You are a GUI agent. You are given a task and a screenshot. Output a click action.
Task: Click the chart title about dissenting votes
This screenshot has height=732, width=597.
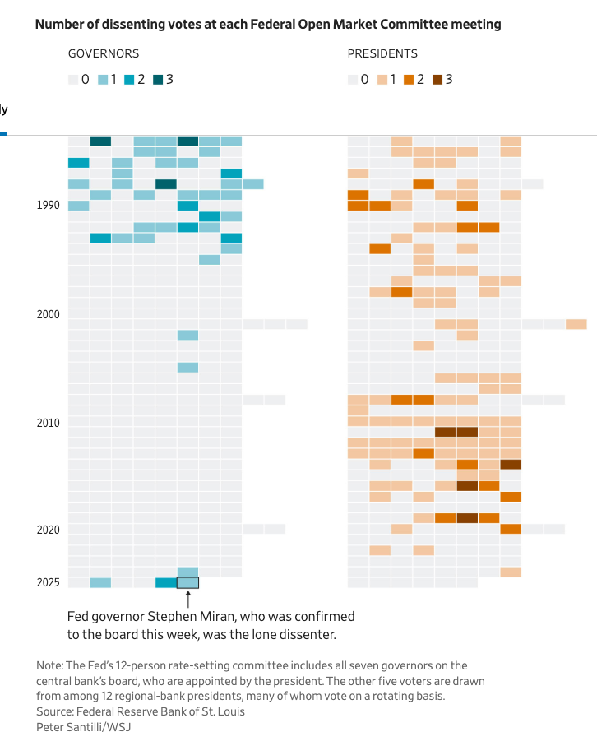pos(267,25)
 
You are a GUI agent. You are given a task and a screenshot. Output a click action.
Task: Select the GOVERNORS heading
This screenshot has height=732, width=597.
pos(103,53)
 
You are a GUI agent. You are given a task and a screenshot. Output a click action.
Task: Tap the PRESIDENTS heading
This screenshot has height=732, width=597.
pos(382,53)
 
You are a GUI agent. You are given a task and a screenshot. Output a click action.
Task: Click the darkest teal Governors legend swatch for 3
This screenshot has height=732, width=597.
pos(159,80)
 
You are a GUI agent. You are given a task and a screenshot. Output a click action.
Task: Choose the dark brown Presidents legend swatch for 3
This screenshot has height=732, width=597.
pos(437,80)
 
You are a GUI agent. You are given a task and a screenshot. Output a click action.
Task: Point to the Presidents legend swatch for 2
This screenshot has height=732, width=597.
pos(409,80)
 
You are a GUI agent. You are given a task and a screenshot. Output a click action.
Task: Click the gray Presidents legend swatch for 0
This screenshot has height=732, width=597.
pos(352,80)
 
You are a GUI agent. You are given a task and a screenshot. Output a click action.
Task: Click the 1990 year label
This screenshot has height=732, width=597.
pos(49,206)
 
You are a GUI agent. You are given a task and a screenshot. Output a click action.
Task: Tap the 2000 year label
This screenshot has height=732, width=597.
pos(49,314)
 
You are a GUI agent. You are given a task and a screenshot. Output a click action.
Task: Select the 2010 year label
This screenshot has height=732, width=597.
pos(49,424)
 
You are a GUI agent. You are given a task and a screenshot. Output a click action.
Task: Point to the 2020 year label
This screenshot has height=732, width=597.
pos(49,530)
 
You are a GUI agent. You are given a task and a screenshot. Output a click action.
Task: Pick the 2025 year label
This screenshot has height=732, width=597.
pos(49,583)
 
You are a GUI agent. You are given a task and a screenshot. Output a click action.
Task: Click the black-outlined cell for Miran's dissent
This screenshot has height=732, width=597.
pos(187,582)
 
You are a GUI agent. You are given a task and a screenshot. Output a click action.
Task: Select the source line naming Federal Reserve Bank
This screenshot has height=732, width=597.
pos(141,711)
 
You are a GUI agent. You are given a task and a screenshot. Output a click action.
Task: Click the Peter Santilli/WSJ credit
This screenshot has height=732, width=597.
pos(83,726)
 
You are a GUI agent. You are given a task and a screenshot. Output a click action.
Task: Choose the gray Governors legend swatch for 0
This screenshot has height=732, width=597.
pos(73,80)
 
